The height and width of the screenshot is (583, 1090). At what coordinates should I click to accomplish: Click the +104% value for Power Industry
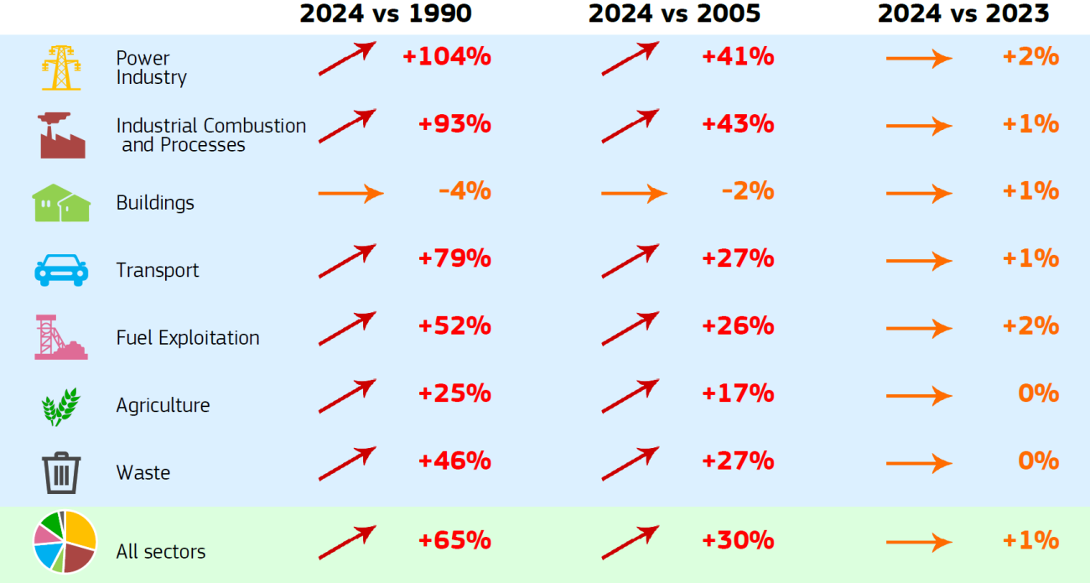[447, 56]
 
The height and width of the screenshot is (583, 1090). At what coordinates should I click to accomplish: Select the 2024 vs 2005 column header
[674, 13]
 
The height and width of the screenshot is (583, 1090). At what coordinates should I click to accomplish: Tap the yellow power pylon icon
[61, 68]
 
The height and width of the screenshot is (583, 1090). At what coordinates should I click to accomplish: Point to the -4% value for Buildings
[465, 190]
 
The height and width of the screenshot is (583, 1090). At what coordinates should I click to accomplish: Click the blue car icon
[61, 270]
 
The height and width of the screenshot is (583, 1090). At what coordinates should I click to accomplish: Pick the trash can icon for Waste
[61, 472]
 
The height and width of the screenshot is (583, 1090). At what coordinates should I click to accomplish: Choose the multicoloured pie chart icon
[65, 542]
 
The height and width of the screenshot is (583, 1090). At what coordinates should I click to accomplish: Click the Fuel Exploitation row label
[188, 338]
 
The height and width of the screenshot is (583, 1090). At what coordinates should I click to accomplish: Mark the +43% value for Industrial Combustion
[738, 123]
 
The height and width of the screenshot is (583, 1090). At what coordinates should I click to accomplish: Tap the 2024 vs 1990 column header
[386, 13]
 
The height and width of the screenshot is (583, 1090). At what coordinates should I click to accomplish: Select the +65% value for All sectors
[454, 540]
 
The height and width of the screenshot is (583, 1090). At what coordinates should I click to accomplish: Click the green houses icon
[61, 203]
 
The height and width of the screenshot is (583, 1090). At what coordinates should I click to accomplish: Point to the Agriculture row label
[163, 405]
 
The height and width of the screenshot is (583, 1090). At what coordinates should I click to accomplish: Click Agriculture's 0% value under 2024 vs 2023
[1038, 393]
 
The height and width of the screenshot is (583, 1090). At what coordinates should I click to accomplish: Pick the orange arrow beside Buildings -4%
[350, 193]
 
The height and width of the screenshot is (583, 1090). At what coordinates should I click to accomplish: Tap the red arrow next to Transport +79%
[347, 261]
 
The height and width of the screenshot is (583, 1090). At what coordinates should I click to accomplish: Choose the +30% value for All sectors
[738, 540]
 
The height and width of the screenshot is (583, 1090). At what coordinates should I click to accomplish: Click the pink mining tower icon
[61, 337]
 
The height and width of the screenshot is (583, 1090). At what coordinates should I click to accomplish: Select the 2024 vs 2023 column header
[963, 13]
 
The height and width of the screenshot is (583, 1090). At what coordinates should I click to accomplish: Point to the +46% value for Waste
[454, 461]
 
